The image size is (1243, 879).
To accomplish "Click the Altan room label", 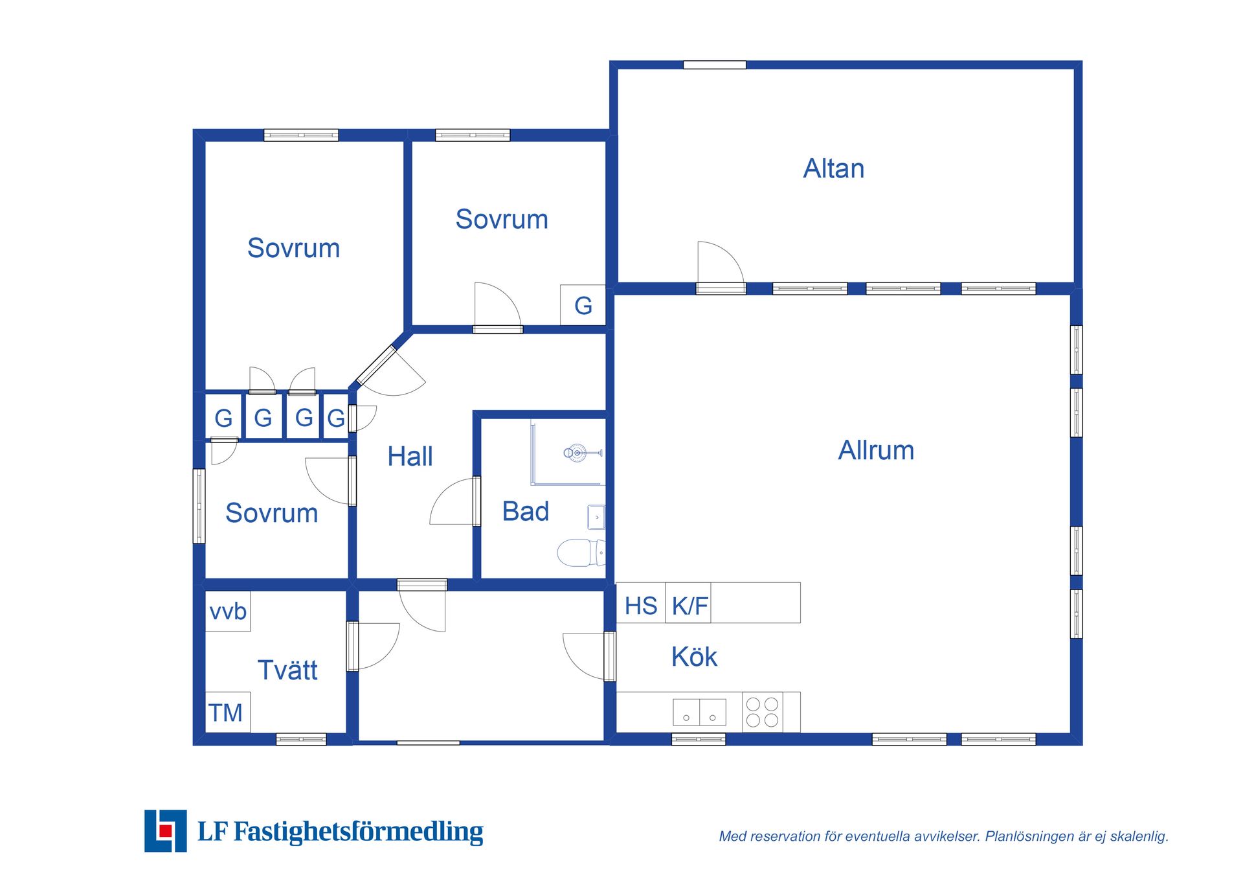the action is pyautogui.click(x=834, y=168).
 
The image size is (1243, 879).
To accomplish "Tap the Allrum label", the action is pyautogui.click(x=876, y=450).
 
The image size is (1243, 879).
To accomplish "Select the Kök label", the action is pyautogui.click(x=694, y=657).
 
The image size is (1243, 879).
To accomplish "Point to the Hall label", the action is pyautogui.click(x=410, y=456).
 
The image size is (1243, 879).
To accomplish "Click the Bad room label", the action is pyautogui.click(x=525, y=511).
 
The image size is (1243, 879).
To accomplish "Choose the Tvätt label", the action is pyautogui.click(x=287, y=670).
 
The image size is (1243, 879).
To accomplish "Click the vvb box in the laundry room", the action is pyautogui.click(x=228, y=611).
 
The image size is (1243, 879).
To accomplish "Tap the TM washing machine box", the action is pyautogui.click(x=228, y=712).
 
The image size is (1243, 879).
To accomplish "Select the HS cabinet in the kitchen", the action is pyautogui.click(x=641, y=603).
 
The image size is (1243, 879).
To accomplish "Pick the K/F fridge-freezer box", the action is pyautogui.click(x=688, y=603).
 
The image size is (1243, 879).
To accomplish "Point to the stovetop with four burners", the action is pyautogui.click(x=762, y=712).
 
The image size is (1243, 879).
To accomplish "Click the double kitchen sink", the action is pyautogui.click(x=699, y=712).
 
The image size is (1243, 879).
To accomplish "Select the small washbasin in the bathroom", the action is pyautogui.click(x=596, y=518).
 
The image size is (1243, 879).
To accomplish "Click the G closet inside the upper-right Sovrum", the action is pyautogui.click(x=583, y=305).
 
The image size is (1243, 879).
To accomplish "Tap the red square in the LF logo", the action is pyautogui.click(x=166, y=830).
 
